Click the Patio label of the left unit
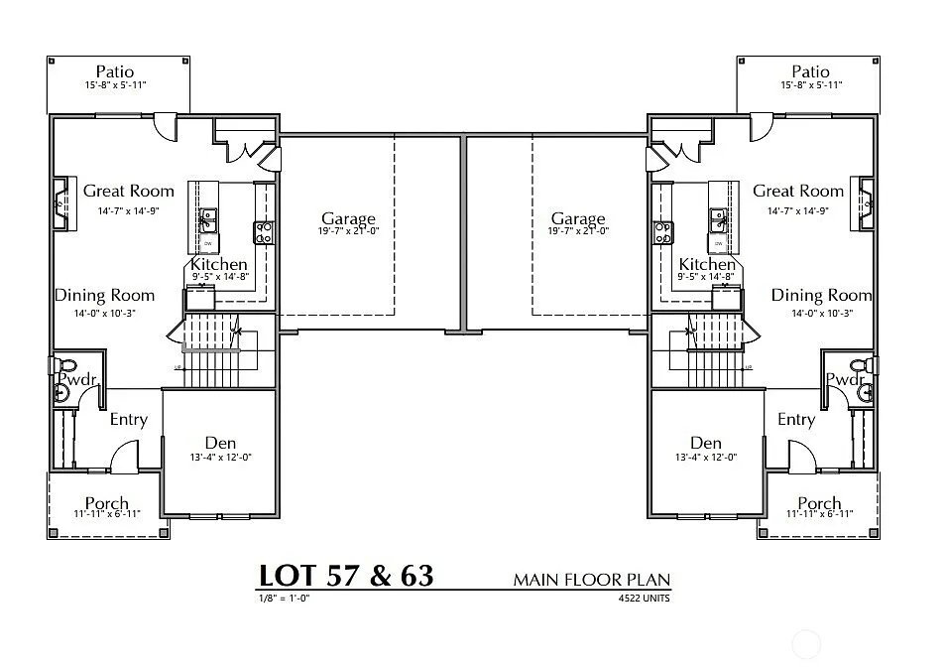[115, 71]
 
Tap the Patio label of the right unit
[810, 71]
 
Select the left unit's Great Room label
[128, 191]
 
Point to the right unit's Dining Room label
[821, 295]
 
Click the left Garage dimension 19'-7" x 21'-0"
[348, 231]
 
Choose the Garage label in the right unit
[578, 218]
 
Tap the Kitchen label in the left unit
[218, 264]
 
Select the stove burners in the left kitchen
[265, 232]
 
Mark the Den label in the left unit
[220, 442]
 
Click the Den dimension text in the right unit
[705, 458]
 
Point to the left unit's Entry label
[128, 419]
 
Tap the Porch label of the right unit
[819, 503]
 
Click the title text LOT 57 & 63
[346, 577]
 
